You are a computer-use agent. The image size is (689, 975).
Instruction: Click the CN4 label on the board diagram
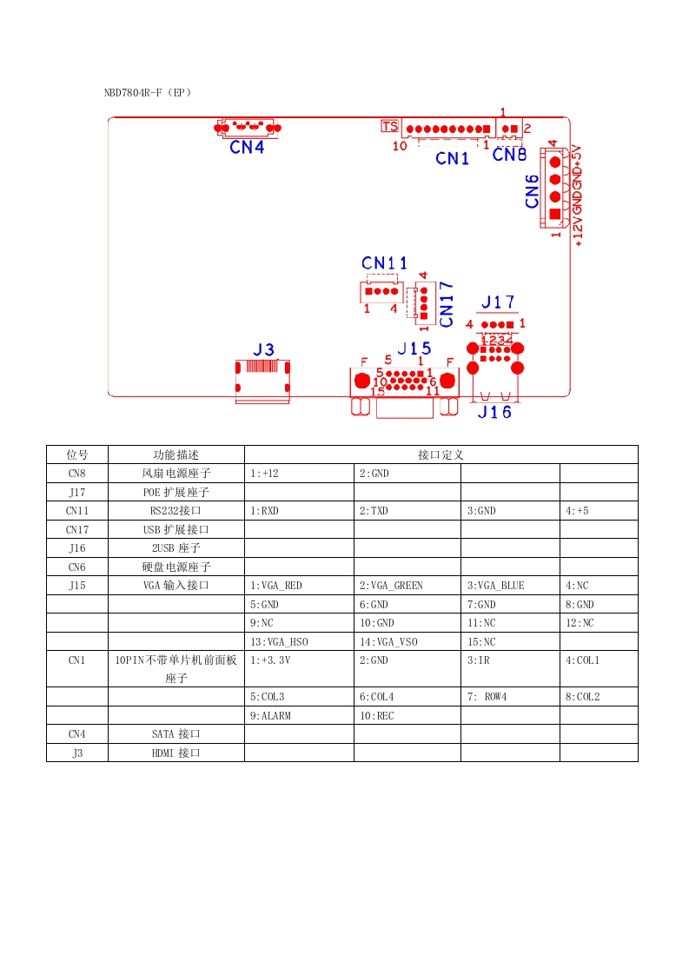[x=247, y=147]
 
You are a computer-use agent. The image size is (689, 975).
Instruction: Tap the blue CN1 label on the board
[x=452, y=158]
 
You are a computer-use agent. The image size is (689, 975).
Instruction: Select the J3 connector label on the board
[x=263, y=349]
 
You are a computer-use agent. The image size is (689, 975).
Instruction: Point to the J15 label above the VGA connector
[x=414, y=348]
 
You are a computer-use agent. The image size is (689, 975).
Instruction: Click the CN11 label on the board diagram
[x=384, y=262]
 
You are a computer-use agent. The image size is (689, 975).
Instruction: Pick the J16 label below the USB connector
[x=494, y=412]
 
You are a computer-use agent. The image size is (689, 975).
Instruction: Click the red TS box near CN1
[x=389, y=127]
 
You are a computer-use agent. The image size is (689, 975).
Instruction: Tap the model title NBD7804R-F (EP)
[x=148, y=91]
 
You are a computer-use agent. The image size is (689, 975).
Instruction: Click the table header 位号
[x=77, y=454]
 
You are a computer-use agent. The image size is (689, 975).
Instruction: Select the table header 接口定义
[x=441, y=454]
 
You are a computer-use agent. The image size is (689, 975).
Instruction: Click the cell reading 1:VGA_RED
[x=275, y=586]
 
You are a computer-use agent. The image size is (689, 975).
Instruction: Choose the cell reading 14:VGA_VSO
[x=388, y=642]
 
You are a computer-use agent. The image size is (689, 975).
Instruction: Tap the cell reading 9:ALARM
[x=270, y=715]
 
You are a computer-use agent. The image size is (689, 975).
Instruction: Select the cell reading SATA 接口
[x=176, y=734]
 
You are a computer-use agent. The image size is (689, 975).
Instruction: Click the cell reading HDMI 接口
[x=176, y=753]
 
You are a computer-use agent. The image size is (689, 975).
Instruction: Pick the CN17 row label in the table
[x=77, y=529]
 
